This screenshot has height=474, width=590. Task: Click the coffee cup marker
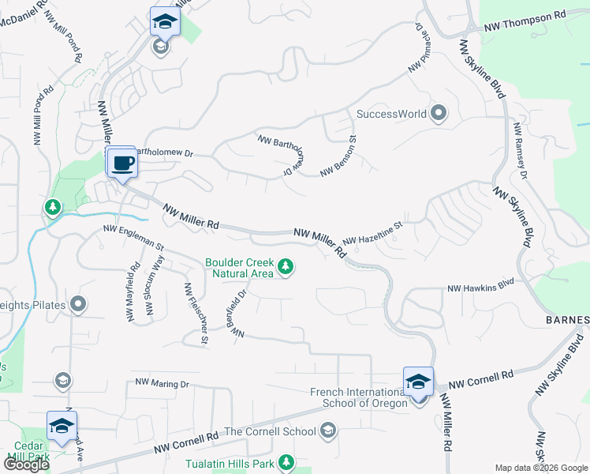click(121, 164)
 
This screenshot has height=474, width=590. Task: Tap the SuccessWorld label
click(391, 114)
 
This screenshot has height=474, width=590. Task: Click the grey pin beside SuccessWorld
click(439, 114)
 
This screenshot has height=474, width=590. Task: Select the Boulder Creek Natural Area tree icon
click(286, 269)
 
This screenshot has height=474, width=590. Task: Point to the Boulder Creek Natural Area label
click(239, 268)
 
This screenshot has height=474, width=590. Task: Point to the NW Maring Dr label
click(162, 384)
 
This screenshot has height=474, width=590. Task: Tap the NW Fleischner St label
click(196, 314)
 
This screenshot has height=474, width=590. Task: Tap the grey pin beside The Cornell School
click(328, 431)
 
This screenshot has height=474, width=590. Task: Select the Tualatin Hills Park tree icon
click(286, 462)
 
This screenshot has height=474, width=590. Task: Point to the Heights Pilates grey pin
click(77, 304)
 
